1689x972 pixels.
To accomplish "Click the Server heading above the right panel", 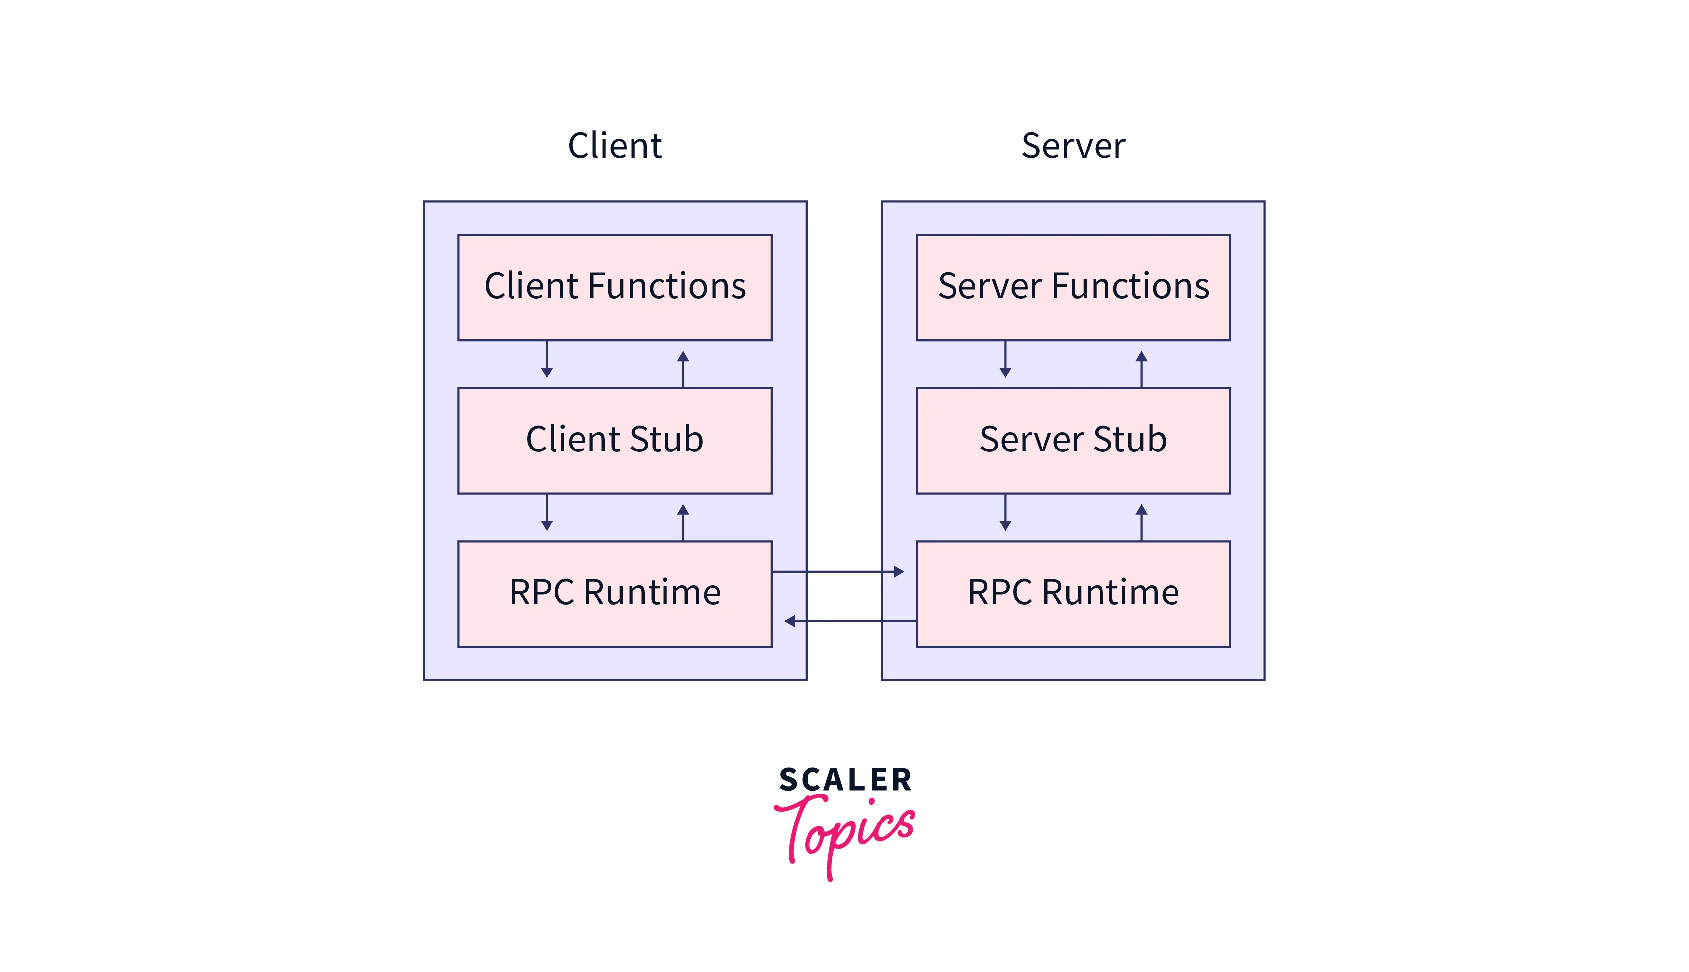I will tap(1073, 146).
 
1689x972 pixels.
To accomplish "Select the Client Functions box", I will tap(615, 287).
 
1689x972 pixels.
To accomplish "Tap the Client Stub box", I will tap(615, 441).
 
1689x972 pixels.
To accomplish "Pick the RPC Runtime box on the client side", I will tap(615, 594).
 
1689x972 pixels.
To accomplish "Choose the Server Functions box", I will tap(1073, 287).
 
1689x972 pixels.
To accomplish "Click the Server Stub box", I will tap(1073, 441).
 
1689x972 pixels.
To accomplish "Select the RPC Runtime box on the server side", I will tap(1073, 594).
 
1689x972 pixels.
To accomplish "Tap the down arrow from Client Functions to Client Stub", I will tap(547, 361).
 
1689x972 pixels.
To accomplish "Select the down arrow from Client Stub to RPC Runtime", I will tap(547, 514).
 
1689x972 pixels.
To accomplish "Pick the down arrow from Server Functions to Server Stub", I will tap(1005, 361).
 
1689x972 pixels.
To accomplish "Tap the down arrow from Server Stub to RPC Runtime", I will tap(1005, 514).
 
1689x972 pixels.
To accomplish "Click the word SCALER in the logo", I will tap(845, 780).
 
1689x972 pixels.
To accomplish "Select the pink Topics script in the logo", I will tap(845, 831).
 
